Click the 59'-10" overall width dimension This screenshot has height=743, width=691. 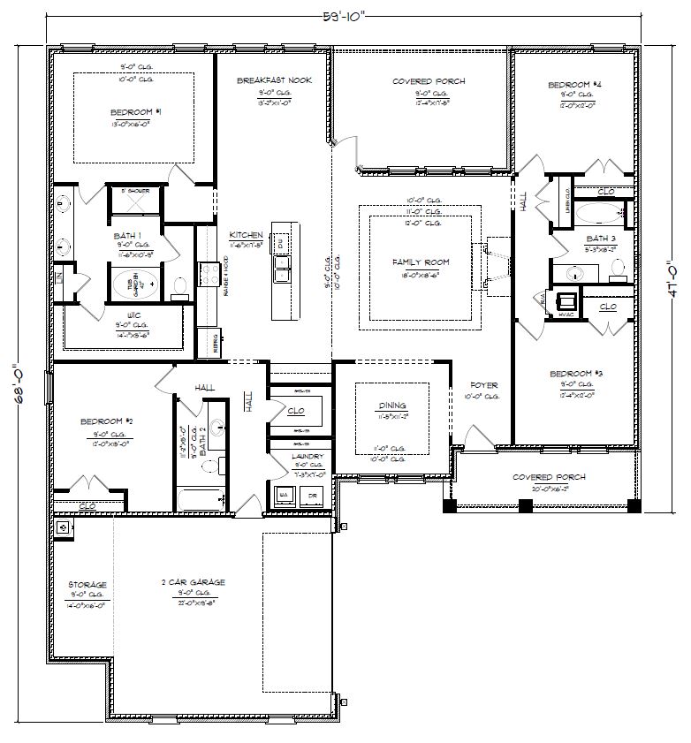click(x=345, y=14)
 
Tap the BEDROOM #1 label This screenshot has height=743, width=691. click(x=135, y=112)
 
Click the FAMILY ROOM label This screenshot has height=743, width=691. click(x=421, y=262)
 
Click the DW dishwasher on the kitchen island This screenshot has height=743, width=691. click(x=279, y=242)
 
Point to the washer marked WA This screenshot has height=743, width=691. click(x=284, y=497)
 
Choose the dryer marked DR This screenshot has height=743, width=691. click(x=312, y=497)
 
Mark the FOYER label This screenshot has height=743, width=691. click(x=484, y=385)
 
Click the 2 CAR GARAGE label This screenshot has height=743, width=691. click(x=193, y=582)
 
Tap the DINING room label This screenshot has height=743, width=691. click(x=392, y=406)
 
